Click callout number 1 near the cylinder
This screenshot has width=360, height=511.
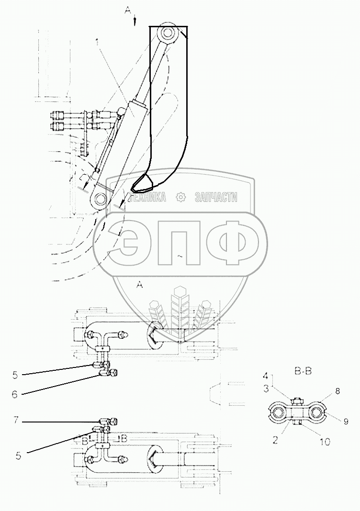tap(98, 43)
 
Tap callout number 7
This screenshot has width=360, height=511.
tap(16, 421)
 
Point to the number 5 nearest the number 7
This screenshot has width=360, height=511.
tap(18, 455)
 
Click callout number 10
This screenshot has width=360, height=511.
tap(325, 442)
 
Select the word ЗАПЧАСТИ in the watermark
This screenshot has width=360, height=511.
tap(216, 197)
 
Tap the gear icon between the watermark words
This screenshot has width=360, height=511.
tap(180, 197)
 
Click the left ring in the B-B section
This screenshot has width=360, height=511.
tap(279, 411)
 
